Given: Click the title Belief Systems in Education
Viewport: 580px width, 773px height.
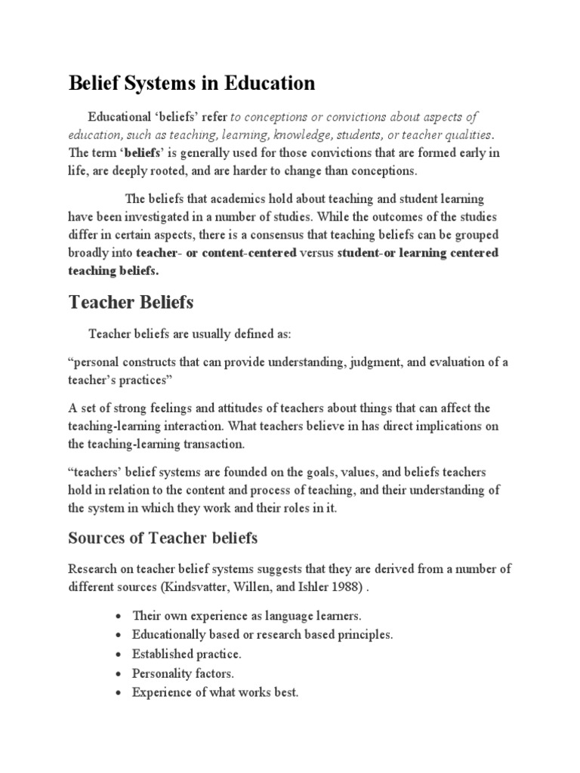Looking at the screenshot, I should coord(191,83).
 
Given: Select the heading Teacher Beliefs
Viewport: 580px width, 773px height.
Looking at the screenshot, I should coord(131,302).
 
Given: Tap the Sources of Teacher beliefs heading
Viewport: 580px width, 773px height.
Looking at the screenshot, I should coord(163,537).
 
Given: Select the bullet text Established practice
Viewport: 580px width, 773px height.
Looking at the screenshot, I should coord(187,653).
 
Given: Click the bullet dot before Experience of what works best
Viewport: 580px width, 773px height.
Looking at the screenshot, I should coord(119,691).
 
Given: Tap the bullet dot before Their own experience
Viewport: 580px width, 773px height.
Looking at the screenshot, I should coord(119,616).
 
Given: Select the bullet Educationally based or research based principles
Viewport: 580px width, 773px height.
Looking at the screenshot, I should coord(262,635).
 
